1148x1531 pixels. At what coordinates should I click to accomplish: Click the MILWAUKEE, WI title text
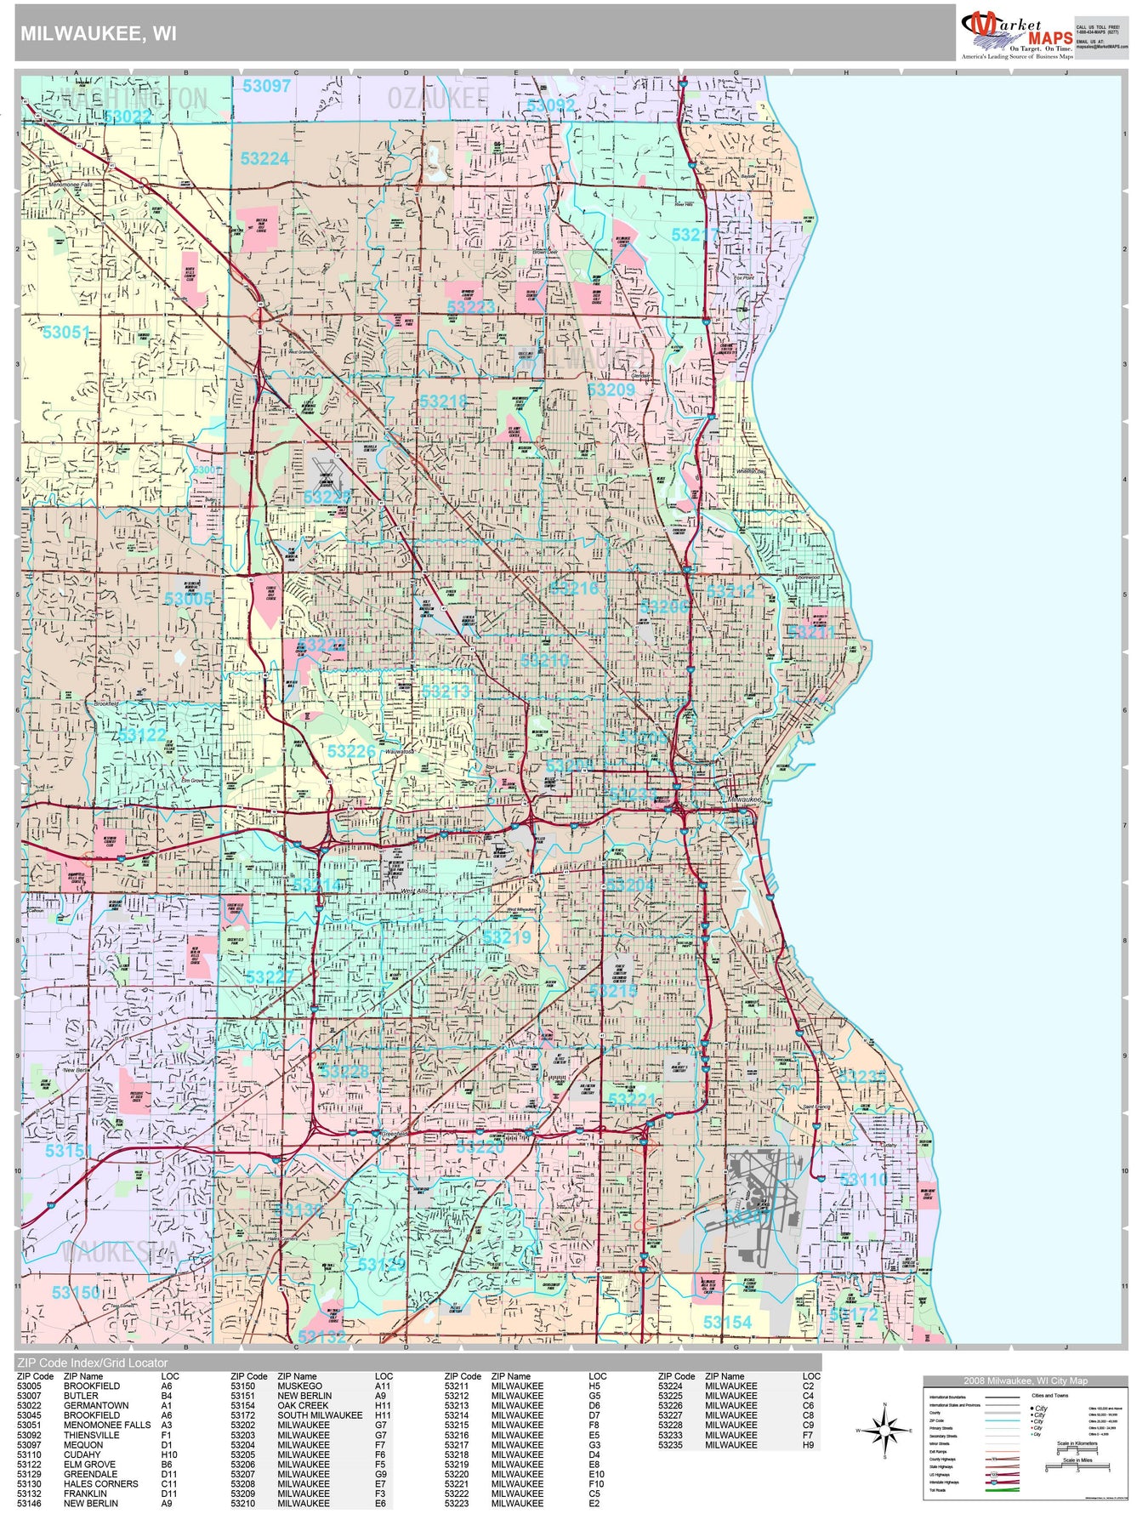[x=99, y=33]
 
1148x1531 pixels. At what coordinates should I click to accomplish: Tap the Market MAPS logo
[x=1017, y=33]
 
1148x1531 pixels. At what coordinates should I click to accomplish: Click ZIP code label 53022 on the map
[x=128, y=117]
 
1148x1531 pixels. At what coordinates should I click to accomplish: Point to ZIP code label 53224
[x=264, y=159]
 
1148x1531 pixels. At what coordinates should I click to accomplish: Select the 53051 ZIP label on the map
[x=66, y=333]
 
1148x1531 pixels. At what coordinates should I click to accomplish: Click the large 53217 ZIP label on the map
[x=695, y=235]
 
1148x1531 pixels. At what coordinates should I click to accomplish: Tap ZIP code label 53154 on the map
[x=727, y=1322]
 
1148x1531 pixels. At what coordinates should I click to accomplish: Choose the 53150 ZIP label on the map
[x=76, y=1293]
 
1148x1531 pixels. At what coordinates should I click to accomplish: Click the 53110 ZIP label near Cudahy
[x=863, y=1180]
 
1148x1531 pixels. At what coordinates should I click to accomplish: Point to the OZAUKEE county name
[x=438, y=99]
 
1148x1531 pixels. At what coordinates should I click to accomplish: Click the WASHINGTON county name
[x=134, y=99]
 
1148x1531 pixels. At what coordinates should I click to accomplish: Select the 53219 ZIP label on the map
[x=507, y=937]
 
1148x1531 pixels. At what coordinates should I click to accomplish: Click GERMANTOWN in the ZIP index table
[x=96, y=1405]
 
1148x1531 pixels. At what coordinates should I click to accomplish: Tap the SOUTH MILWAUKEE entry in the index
[x=320, y=1415]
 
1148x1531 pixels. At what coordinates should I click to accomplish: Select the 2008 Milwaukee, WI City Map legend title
[x=1025, y=1380]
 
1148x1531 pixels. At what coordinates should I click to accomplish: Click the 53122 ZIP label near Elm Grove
[x=142, y=735]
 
